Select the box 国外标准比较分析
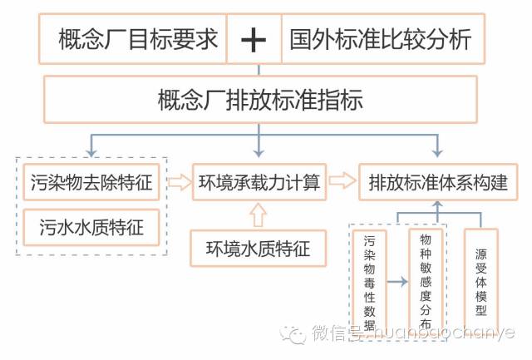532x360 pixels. (381, 39)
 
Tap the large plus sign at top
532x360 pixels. (253, 39)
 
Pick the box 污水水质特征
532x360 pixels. (91, 226)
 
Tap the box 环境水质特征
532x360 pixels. (259, 248)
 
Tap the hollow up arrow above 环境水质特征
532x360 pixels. (258, 216)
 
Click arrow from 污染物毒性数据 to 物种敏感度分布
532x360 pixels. (397, 282)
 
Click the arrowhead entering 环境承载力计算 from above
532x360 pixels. (259, 153)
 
